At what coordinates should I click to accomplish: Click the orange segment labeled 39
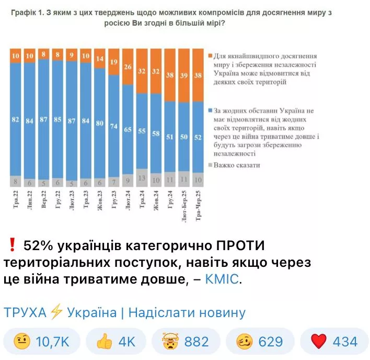pos(184,75)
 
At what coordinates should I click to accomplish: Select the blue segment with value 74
pos(113,127)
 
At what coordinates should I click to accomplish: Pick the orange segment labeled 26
pos(128,66)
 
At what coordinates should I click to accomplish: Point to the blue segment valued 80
pos(100,123)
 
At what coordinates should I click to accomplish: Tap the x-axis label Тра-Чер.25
pos(199,206)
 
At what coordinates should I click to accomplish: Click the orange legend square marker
pos(210,55)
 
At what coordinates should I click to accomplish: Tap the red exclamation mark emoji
pos(11,245)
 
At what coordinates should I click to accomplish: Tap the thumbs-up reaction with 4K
pos(115,342)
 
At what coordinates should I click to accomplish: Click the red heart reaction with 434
pos(334,342)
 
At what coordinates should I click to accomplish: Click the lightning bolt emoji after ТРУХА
pos(56,313)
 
